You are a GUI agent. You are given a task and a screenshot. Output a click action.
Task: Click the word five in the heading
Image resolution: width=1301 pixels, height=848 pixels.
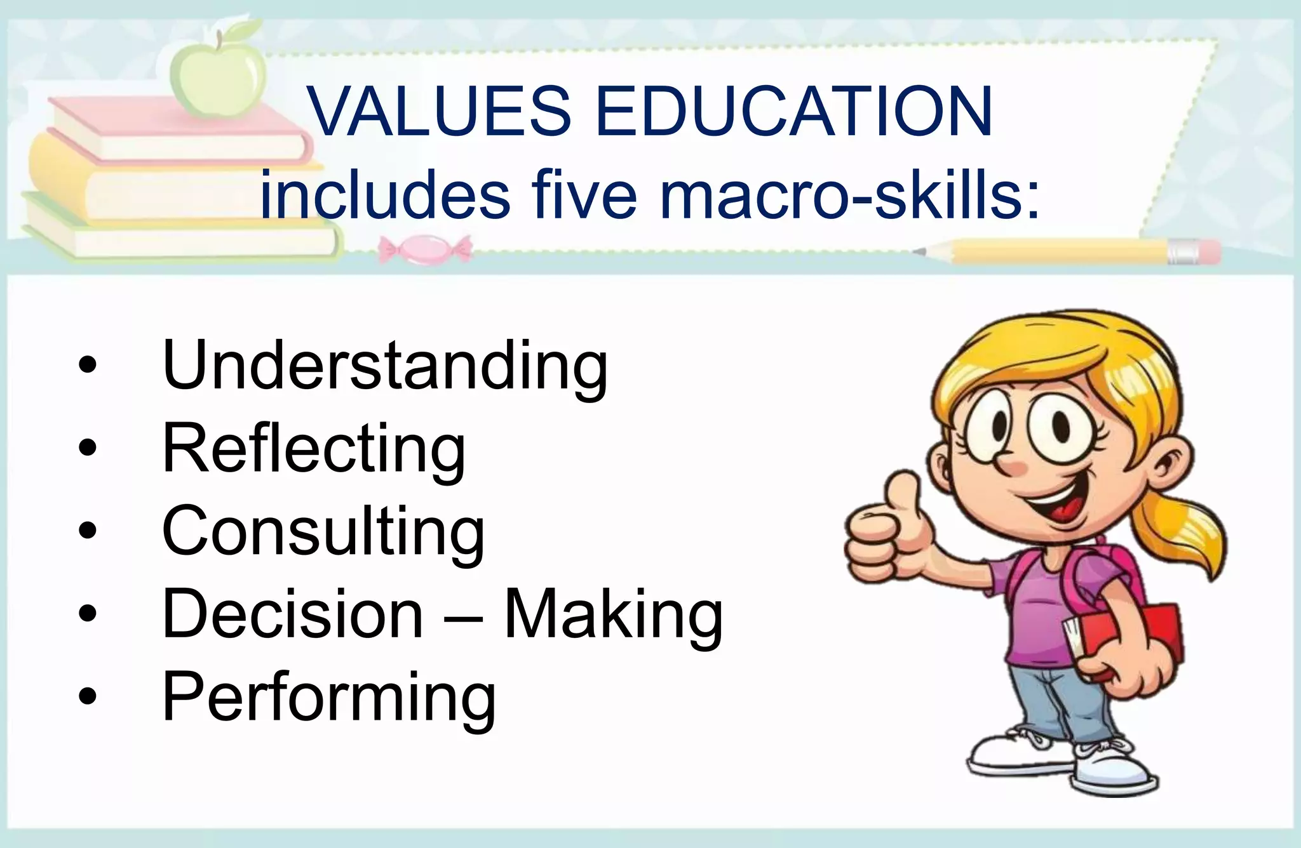point(584,194)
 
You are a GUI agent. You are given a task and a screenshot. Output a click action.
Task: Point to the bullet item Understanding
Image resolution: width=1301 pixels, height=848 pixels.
point(385,367)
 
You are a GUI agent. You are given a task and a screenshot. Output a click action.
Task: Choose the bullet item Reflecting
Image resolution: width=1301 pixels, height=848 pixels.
point(314,449)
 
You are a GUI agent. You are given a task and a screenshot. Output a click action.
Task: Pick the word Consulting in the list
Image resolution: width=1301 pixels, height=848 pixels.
point(323,532)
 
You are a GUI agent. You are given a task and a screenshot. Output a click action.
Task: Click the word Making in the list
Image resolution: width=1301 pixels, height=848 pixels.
point(613,614)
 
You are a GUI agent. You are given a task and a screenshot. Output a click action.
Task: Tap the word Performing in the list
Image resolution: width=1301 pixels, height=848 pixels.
point(329,697)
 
